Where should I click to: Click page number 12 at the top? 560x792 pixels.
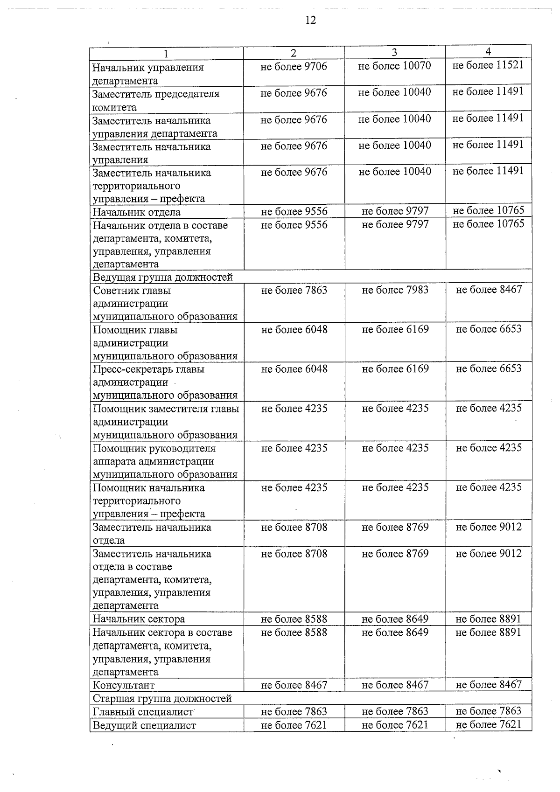tap(310, 20)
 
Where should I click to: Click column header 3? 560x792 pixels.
tap(394, 53)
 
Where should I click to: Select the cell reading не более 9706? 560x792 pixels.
tap(294, 67)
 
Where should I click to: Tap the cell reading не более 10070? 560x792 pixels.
tap(395, 66)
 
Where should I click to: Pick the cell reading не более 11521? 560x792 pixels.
tap(488, 65)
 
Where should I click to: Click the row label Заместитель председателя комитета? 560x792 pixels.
tap(156, 100)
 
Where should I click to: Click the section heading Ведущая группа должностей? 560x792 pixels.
tap(163, 278)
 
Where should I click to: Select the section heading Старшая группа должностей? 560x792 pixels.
tap(162, 699)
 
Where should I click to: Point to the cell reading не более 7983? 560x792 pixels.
tap(395, 290)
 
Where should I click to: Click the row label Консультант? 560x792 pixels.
tap(124, 685)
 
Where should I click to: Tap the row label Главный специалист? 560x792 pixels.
tap(143, 712)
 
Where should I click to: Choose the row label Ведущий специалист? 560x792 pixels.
tap(144, 725)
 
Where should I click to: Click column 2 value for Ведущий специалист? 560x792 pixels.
tap(294, 725)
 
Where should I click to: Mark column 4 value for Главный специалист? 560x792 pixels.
tap(488, 711)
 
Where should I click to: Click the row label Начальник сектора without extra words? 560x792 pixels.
tap(139, 619)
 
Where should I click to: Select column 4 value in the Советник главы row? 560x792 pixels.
tap(489, 290)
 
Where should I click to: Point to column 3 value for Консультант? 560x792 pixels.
tap(395, 685)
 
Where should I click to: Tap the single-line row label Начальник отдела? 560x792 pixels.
tap(137, 212)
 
